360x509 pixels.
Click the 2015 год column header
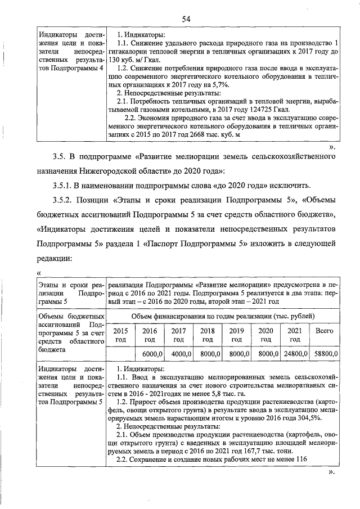point(120,335)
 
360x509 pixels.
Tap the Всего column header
point(324,331)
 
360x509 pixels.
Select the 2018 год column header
point(208,335)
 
